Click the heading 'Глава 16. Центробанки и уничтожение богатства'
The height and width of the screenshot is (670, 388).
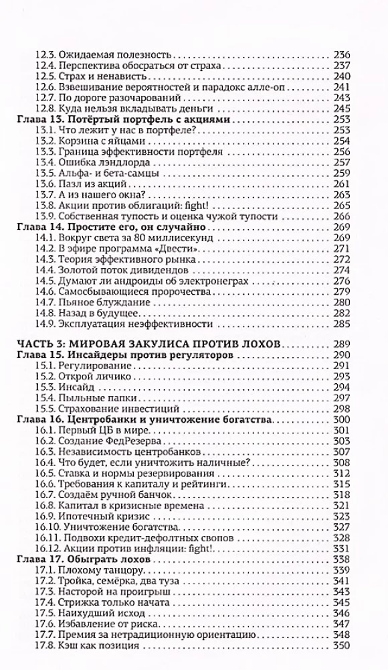point(142,419)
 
